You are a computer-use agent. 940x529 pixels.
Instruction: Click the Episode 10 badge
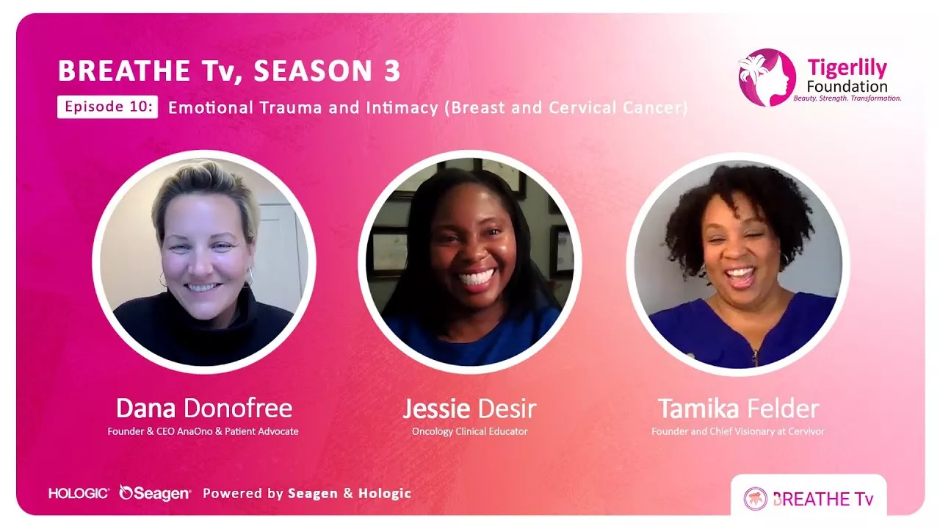click(107, 107)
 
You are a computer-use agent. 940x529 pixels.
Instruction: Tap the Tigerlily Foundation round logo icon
click(767, 77)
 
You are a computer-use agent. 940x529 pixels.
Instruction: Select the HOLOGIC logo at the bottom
click(79, 493)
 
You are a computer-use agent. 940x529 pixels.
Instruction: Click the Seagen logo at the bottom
click(155, 493)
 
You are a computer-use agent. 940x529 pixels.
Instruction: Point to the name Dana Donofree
click(203, 409)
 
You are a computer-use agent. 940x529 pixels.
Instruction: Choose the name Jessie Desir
click(469, 409)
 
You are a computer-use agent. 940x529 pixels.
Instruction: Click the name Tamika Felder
click(737, 409)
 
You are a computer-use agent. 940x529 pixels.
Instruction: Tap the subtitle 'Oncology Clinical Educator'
click(469, 431)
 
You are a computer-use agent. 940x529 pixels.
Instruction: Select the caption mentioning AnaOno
click(203, 431)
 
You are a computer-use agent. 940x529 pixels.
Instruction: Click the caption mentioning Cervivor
click(737, 431)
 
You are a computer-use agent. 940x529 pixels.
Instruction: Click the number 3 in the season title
click(391, 71)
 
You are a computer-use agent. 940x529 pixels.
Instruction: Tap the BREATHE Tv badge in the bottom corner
click(809, 498)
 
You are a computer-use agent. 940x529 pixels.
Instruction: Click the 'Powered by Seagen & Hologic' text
click(307, 493)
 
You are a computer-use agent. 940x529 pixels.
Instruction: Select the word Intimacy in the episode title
click(402, 107)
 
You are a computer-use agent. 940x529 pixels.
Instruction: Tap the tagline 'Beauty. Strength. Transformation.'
click(847, 98)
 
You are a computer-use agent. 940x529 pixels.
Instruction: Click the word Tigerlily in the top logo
click(847, 68)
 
